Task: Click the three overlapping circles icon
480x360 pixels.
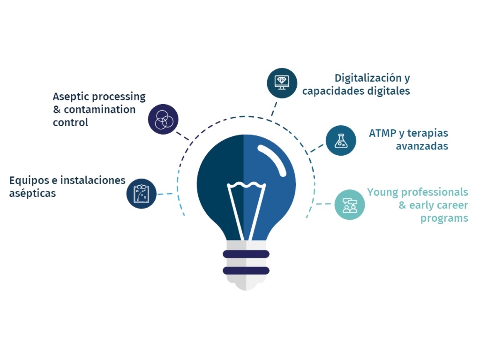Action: (163, 119)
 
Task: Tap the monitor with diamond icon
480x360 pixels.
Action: (282, 83)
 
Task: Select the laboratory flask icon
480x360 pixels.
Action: (341, 140)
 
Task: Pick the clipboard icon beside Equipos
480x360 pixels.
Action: (142, 193)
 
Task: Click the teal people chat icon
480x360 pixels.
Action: (349, 204)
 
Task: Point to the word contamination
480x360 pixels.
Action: (99, 110)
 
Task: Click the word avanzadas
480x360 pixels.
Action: (421, 146)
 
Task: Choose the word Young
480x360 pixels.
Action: (382, 192)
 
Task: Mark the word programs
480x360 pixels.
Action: (444, 218)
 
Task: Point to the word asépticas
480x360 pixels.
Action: (32, 193)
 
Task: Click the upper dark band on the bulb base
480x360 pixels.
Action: (246, 254)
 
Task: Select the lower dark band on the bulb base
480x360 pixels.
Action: (246, 270)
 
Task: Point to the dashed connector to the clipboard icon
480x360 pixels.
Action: (165, 194)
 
